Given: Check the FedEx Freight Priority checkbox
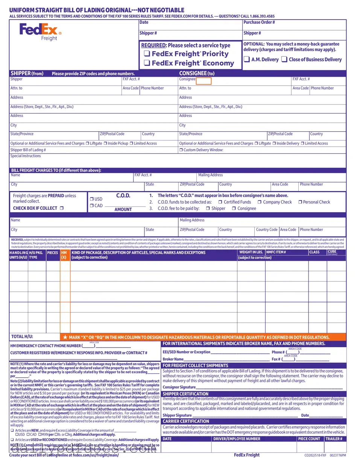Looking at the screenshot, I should tap(147, 54).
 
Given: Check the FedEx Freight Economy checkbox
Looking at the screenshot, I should tap(147, 63).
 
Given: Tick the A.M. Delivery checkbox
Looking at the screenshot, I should tap(247, 59).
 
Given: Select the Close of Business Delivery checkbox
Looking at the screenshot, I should tap(284, 59).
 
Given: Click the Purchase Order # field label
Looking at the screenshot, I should tap(259, 23).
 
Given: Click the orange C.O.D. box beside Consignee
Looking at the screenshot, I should tap(204, 80).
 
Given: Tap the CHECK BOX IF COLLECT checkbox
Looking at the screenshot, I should tap(62, 208).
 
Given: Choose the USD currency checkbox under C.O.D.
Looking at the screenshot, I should tap(92, 199).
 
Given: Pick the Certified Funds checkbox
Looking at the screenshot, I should tap(220, 202).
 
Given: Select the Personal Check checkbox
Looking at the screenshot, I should tap(300, 202).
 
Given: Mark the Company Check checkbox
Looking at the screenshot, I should tap(260, 202).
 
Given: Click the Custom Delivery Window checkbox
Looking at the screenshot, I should tap(181, 150).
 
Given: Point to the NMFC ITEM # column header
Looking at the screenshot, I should tap(276, 252).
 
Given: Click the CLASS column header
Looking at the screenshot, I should tap(314, 252).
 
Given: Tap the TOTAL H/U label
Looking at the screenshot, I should tap(22, 337).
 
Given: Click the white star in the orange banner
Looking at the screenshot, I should tap(65, 337).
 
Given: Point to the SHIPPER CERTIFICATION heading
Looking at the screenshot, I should tap(185, 394).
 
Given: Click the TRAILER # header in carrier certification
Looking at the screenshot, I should tap(334, 439).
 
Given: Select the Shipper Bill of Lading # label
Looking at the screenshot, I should tap(28, 150).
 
